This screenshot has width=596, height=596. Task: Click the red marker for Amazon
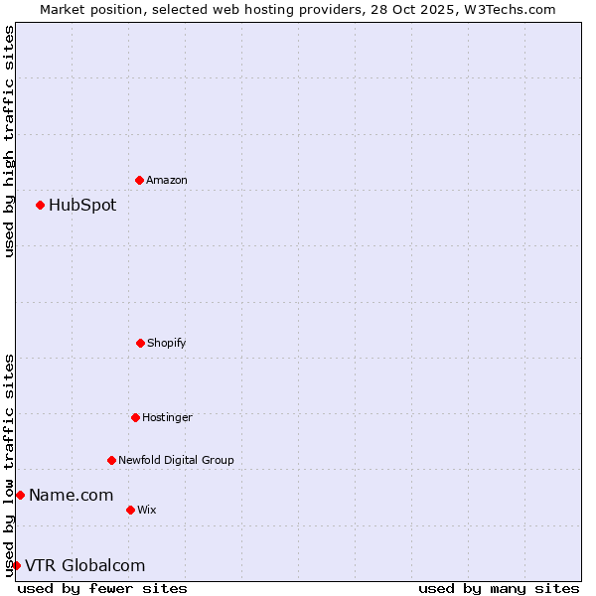(x=139, y=180)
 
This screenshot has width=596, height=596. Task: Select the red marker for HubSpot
(x=40, y=205)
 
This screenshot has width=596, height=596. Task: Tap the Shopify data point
(x=140, y=343)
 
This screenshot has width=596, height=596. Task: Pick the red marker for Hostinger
(x=135, y=417)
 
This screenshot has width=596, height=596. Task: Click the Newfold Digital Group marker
(x=111, y=460)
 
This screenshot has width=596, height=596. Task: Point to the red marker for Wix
(x=130, y=510)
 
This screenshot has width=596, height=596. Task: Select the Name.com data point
(x=20, y=495)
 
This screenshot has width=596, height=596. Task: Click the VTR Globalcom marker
(x=16, y=565)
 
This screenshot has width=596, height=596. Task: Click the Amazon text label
(x=167, y=180)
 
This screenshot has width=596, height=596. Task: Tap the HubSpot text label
(x=82, y=206)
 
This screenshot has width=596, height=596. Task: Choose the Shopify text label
(x=167, y=343)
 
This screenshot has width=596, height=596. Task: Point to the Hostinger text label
(x=167, y=417)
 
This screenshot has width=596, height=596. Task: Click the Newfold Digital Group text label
(x=176, y=460)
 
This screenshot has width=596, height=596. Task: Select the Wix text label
(x=147, y=510)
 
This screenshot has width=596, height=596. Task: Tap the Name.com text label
(x=71, y=495)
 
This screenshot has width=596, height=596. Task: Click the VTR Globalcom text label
(x=84, y=565)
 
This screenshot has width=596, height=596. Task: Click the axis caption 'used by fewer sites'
(x=102, y=588)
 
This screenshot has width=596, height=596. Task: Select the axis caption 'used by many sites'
(x=499, y=588)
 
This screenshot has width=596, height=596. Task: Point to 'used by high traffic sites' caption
(x=9, y=141)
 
